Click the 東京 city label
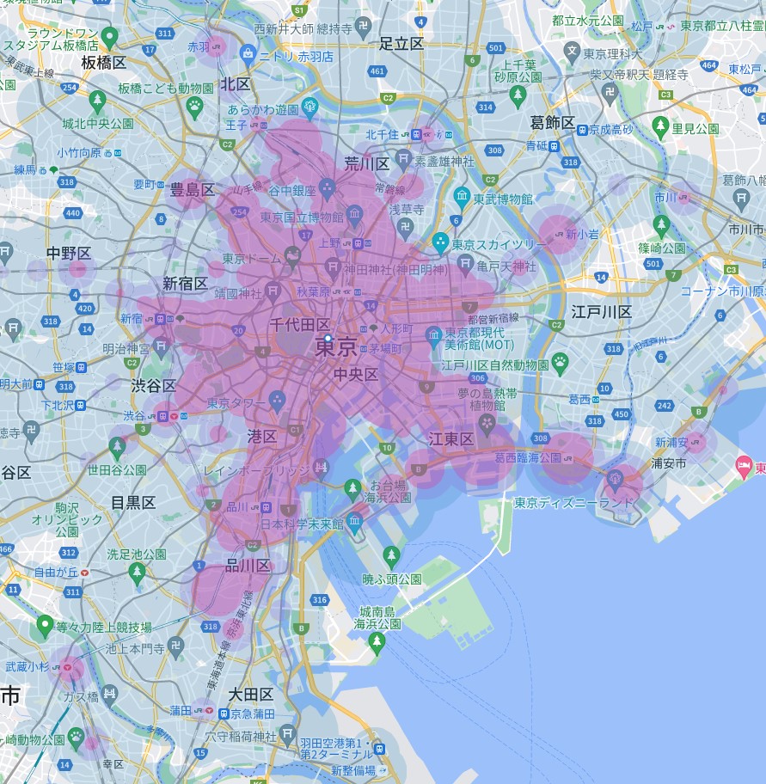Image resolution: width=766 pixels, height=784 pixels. click(x=336, y=346)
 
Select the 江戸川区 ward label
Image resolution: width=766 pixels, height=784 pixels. click(x=601, y=312)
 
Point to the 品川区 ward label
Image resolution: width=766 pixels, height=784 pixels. click(x=248, y=565)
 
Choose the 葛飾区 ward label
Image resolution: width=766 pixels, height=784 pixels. click(x=552, y=123)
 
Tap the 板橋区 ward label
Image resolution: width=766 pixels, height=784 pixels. click(x=104, y=62)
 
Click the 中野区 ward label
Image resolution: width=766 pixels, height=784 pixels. click(x=69, y=253)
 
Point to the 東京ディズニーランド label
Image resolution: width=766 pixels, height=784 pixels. click(x=574, y=503)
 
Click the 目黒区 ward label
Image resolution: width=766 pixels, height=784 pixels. click(x=132, y=502)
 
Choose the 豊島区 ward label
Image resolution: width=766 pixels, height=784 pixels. click(x=192, y=189)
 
